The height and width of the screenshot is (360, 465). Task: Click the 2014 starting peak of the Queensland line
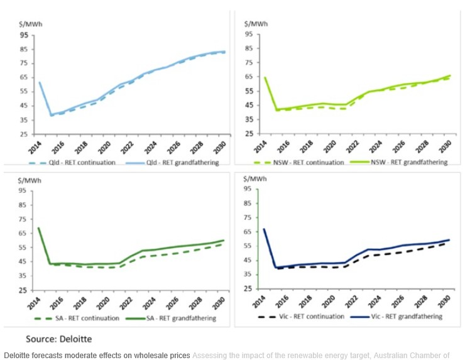click(39, 82)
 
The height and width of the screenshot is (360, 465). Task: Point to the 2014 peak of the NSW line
click(265, 78)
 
